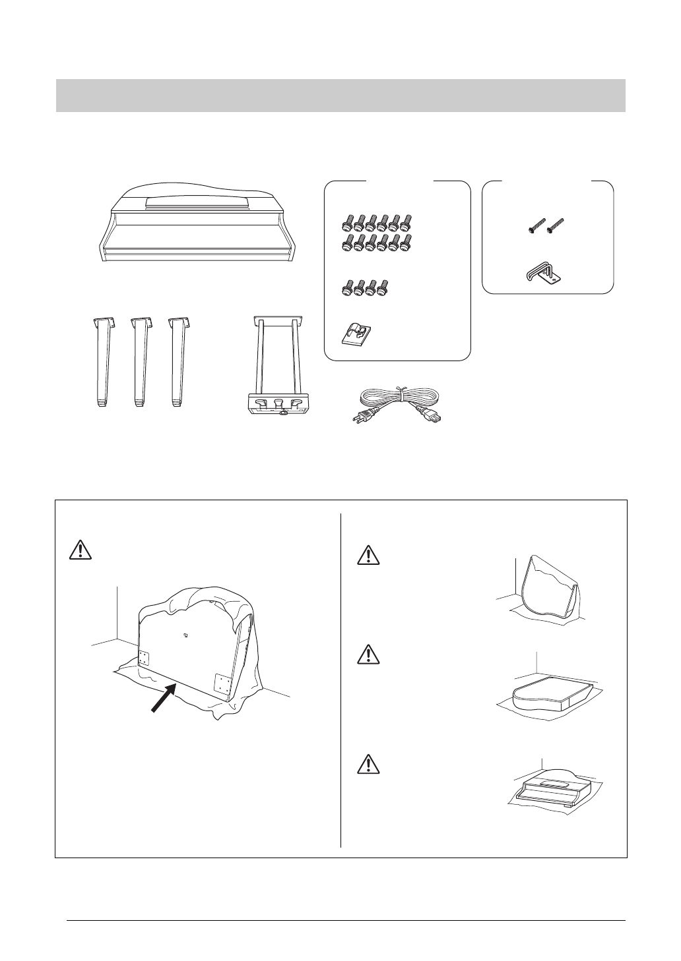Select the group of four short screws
coord(366,287)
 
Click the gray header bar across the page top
coord(340,96)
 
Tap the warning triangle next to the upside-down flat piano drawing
coord(365,655)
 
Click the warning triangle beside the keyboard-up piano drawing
coord(365,764)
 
